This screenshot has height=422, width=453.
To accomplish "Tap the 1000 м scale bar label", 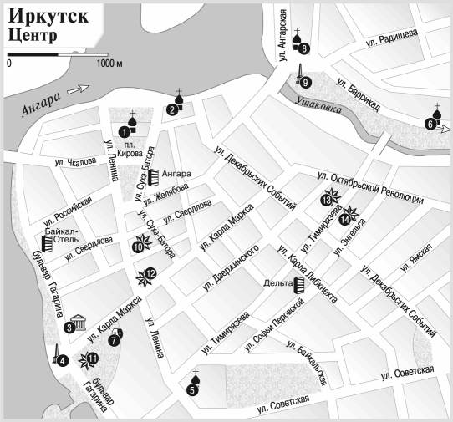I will [108, 64].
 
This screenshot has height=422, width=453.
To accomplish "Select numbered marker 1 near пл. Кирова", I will [124, 131].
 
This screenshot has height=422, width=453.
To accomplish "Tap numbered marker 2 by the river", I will [172, 109].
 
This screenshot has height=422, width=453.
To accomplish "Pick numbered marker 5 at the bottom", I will [193, 389].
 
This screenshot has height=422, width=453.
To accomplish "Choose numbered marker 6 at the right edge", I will [430, 125].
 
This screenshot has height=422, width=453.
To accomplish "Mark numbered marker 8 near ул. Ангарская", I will [304, 48].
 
